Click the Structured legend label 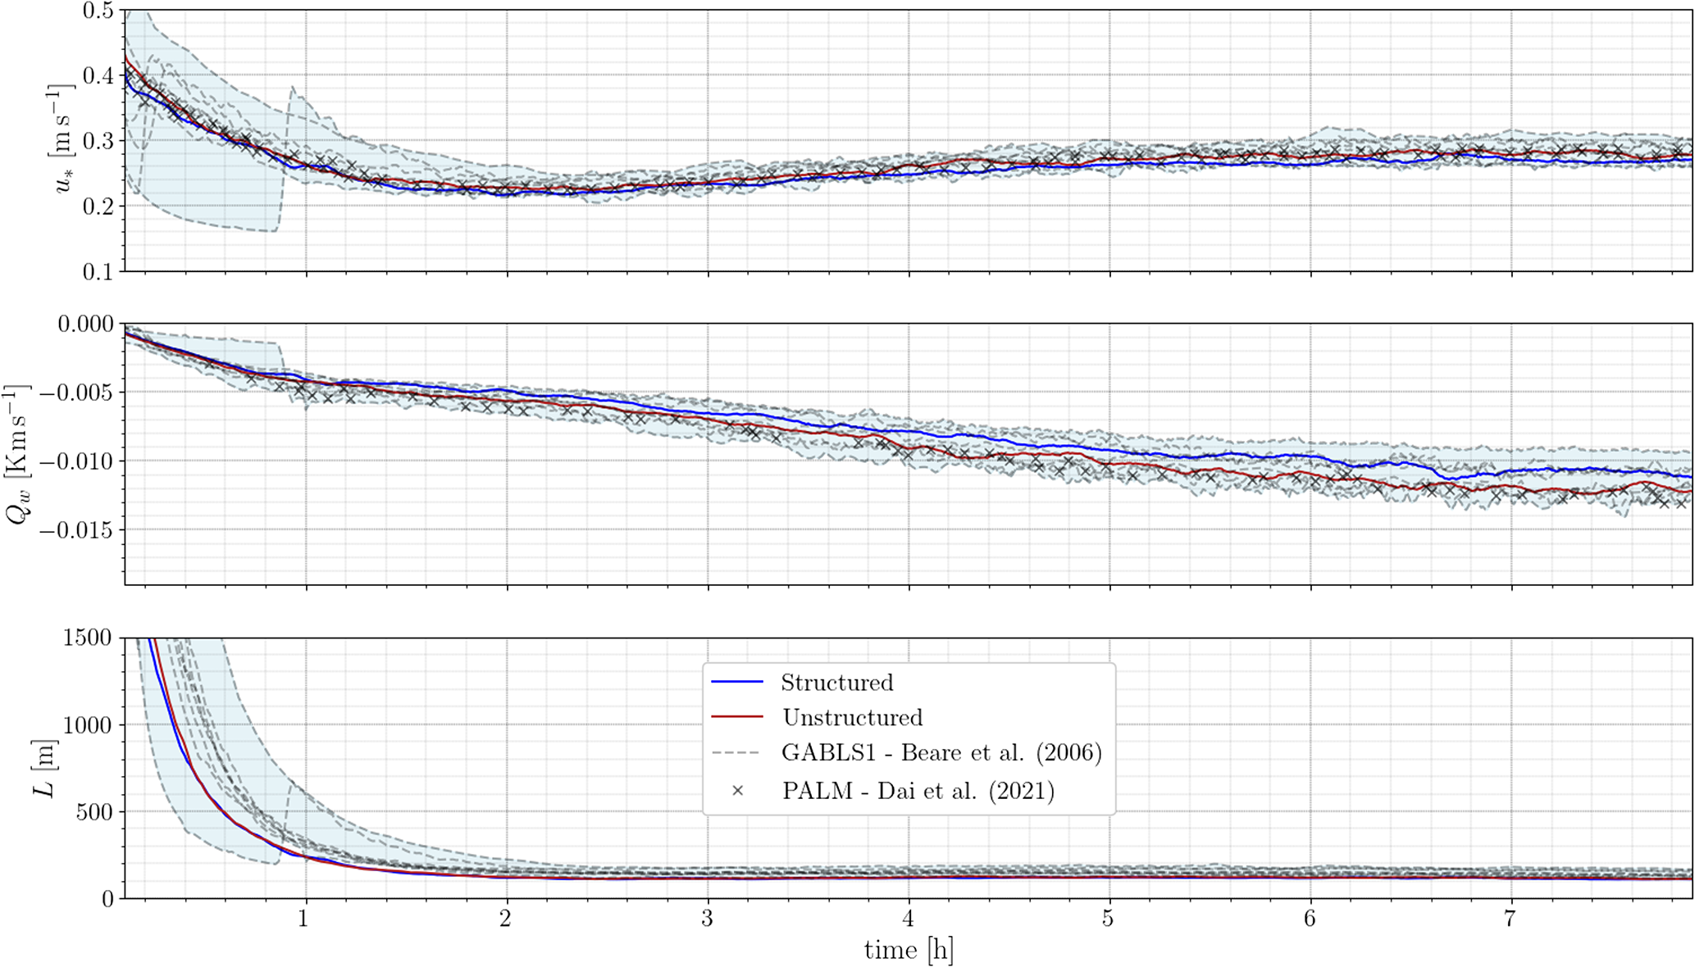pos(836,683)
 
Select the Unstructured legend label pos(852,718)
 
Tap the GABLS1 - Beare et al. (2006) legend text pos(941,752)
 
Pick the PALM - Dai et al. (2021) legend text pos(918,791)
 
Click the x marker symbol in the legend pos(737,791)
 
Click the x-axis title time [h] pos(908,951)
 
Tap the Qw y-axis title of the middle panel pos(18,453)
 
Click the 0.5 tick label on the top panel pos(99,11)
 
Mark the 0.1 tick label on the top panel pos(99,272)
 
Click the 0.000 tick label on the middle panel pos(84,325)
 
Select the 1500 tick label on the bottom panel pos(87,638)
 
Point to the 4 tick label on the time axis pos(908,918)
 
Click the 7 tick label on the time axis pos(1510,918)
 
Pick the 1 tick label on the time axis pos(304,918)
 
